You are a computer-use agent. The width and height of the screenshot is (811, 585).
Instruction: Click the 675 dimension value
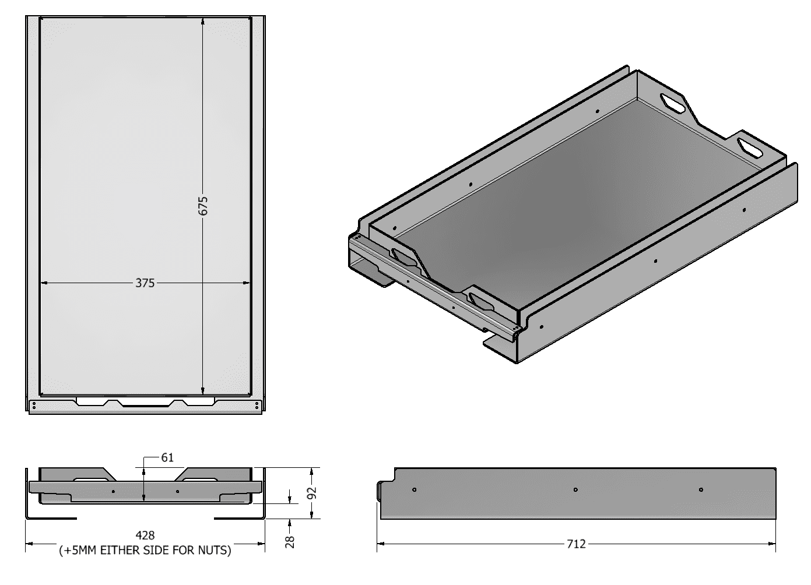tap(203, 206)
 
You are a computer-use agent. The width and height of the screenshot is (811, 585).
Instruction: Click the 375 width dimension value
tap(145, 283)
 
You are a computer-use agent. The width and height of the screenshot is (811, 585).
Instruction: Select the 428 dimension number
tap(145, 535)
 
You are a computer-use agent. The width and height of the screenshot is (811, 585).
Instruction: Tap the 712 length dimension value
tap(576, 544)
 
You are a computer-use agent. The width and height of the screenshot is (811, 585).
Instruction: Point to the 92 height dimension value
tap(312, 493)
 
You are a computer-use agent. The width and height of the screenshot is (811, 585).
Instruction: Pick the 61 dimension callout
tap(167, 457)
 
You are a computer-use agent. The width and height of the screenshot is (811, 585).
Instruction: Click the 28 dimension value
tap(290, 542)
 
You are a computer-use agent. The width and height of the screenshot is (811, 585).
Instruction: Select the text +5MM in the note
tap(80, 550)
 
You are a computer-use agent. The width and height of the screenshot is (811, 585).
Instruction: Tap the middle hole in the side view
tap(575, 490)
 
